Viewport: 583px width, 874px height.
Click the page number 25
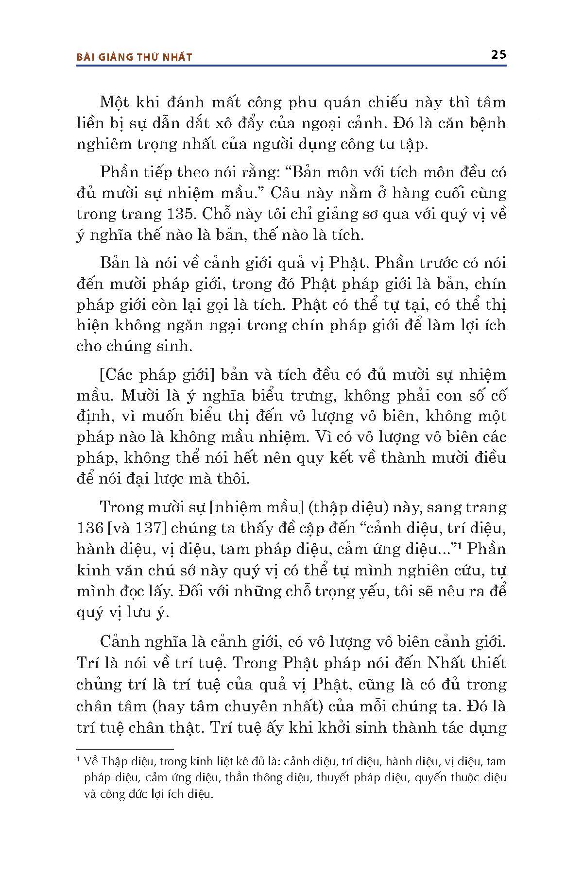[498, 54]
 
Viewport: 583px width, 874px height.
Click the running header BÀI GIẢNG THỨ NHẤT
[135, 57]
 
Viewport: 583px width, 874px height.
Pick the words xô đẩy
[235, 123]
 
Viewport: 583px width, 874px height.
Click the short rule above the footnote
[125, 750]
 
